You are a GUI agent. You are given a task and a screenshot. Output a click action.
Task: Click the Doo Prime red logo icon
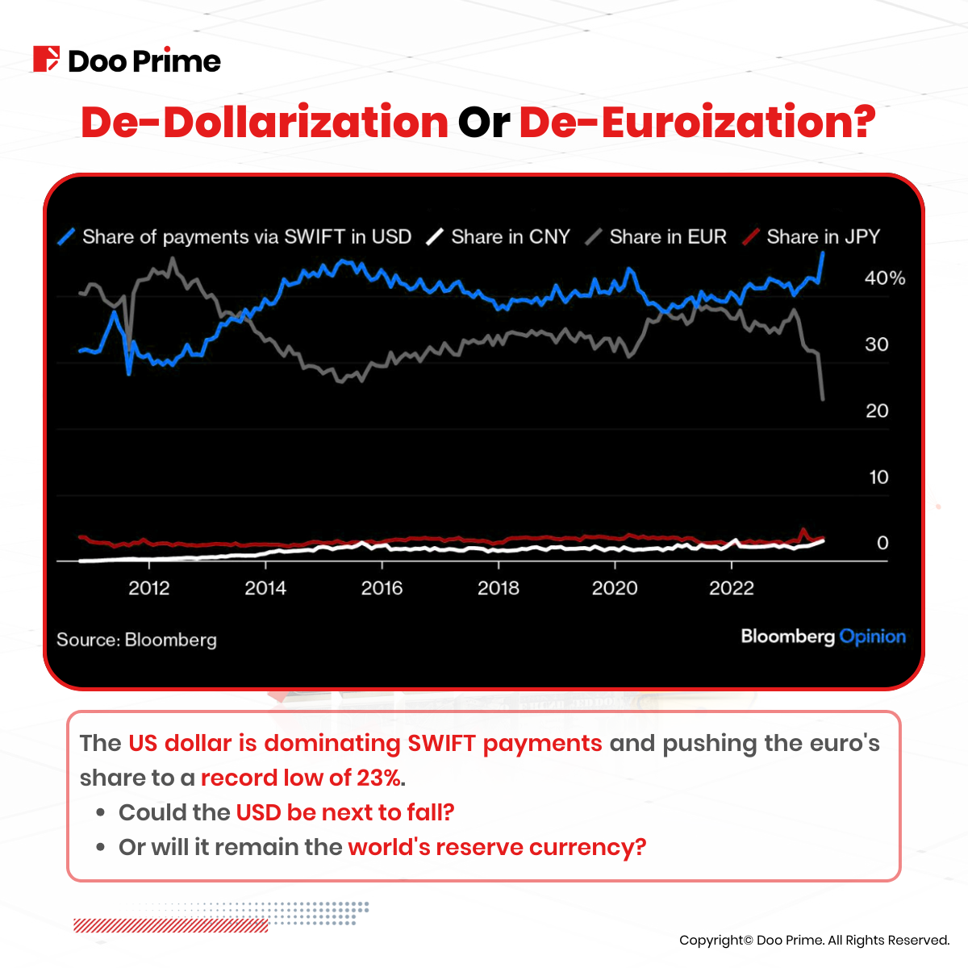click(46, 60)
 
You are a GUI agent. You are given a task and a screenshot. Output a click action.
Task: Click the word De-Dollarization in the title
click(265, 123)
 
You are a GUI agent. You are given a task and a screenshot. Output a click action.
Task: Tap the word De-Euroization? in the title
click(697, 123)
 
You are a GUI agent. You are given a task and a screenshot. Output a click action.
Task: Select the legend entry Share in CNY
click(510, 237)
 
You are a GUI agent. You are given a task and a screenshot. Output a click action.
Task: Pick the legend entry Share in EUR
click(667, 237)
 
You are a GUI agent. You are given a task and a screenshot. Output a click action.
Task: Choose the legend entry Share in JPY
click(823, 237)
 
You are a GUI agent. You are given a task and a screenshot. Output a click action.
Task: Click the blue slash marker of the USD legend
click(68, 237)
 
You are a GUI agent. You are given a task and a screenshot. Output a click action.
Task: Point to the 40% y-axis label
click(885, 278)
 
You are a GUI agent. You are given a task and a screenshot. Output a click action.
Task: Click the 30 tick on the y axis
click(876, 344)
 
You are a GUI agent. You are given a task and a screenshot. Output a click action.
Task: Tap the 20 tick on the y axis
click(877, 411)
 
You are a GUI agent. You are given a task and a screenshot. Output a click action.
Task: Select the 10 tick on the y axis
click(878, 478)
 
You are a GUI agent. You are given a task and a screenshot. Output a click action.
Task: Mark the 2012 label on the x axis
click(149, 588)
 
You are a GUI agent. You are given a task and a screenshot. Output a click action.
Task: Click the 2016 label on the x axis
click(382, 588)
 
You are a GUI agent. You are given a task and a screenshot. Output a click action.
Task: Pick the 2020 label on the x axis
click(615, 588)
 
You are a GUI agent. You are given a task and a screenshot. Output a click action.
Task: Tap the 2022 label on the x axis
click(731, 588)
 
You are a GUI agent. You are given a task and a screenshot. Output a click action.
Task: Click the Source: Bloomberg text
click(136, 640)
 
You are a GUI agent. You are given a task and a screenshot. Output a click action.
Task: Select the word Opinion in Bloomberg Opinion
click(872, 636)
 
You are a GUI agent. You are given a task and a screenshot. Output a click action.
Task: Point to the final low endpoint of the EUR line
click(823, 398)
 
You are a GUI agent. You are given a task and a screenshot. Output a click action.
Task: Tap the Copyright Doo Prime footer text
click(814, 941)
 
